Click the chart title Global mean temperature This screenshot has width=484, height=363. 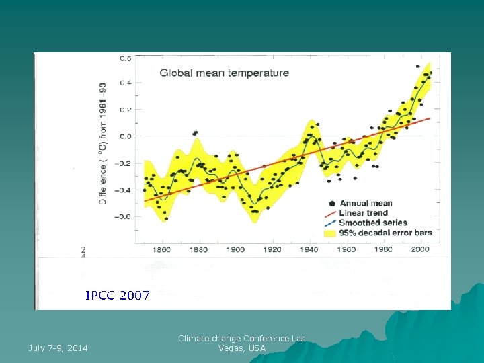(x=224, y=73)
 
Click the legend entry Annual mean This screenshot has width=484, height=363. (x=365, y=204)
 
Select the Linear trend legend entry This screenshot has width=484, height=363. (x=363, y=213)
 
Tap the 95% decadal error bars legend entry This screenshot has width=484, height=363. (x=385, y=233)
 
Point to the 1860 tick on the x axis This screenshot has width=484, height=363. (x=162, y=249)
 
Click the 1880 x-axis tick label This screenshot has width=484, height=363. (x=199, y=249)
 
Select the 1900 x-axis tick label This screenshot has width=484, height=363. (x=236, y=249)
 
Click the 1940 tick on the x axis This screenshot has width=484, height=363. (x=310, y=249)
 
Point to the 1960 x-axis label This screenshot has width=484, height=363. (x=347, y=249)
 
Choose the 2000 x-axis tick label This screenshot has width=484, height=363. (x=420, y=249)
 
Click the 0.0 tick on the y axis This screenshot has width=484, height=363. (x=125, y=136)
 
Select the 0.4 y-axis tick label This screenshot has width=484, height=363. (x=125, y=83)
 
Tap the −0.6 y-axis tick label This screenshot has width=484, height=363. (x=123, y=216)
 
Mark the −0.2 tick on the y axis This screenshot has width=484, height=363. (x=123, y=163)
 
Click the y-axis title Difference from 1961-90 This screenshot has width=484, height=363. (x=103, y=145)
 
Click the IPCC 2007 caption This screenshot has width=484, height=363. (x=118, y=295)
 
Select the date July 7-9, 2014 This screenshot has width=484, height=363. (x=58, y=348)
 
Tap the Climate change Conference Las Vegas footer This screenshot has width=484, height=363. (x=242, y=344)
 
